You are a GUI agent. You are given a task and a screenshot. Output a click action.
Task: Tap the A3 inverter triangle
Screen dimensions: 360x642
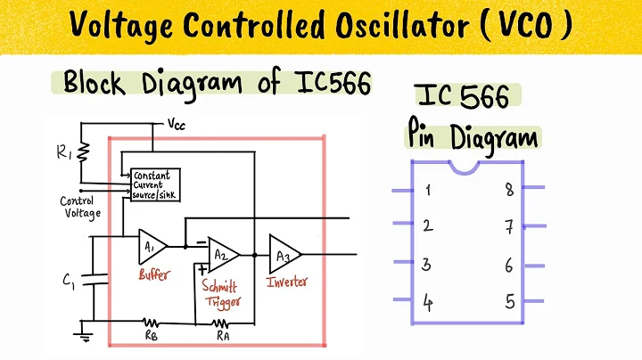(284, 254)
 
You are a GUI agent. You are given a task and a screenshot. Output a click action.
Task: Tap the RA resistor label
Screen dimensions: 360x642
(225, 337)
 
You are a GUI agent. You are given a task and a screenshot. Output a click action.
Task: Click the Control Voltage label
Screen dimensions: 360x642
(79, 207)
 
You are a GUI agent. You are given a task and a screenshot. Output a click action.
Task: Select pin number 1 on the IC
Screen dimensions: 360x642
(430, 189)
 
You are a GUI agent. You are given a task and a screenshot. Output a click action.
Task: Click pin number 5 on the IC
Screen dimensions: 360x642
(509, 301)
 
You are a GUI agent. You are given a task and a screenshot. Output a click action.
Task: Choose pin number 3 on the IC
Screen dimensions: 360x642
(428, 264)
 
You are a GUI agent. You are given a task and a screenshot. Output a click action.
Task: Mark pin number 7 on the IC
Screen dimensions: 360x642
(508, 226)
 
